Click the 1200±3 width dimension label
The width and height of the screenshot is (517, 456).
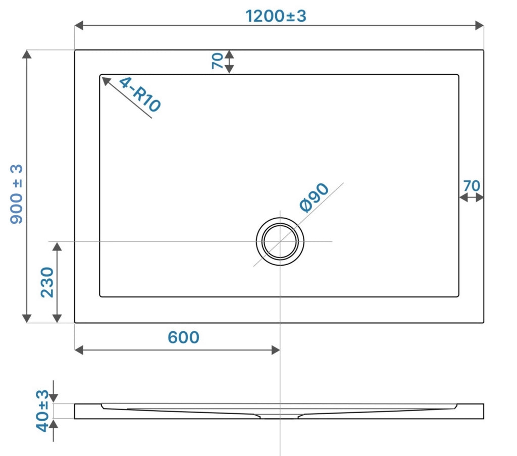pos(276,16)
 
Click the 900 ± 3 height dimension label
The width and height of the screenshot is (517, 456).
pos(16,194)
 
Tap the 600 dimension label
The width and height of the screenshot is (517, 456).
pos(183,337)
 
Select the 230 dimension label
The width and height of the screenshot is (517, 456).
pos(47,282)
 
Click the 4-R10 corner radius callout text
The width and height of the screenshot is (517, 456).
pos(140,94)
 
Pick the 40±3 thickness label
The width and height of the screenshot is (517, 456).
pos(42,411)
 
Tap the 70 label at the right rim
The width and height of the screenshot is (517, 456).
pos(472,186)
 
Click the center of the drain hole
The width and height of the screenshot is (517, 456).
pos(280,241)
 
